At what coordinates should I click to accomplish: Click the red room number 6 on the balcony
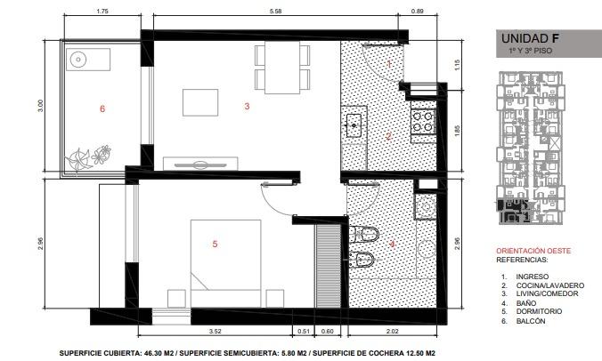[102, 108]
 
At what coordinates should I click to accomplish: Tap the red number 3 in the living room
[247, 106]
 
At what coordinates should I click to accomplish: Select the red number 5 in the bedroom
[215, 244]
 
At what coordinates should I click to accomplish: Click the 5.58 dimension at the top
[275, 11]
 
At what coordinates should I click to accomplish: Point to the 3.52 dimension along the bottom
[215, 331]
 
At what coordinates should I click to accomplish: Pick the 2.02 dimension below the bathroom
[392, 331]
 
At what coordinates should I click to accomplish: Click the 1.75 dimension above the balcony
[102, 11]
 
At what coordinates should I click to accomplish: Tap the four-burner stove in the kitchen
[423, 121]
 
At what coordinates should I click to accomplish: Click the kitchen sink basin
[354, 125]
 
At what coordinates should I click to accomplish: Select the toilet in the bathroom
[364, 234]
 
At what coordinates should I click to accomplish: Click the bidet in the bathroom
[364, 259]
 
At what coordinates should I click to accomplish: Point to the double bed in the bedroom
[226, 263]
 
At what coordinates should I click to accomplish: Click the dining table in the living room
[282, 68]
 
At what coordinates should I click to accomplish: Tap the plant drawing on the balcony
[88, 157]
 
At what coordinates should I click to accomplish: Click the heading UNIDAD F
[530, 38]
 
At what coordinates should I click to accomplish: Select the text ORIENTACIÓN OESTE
[533, 251]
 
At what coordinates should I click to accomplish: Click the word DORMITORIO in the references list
[539, 311]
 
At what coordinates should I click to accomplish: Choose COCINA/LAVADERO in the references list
[550, 285]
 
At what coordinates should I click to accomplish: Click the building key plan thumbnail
[530, 148]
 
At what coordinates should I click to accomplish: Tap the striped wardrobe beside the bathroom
[329, 266]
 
